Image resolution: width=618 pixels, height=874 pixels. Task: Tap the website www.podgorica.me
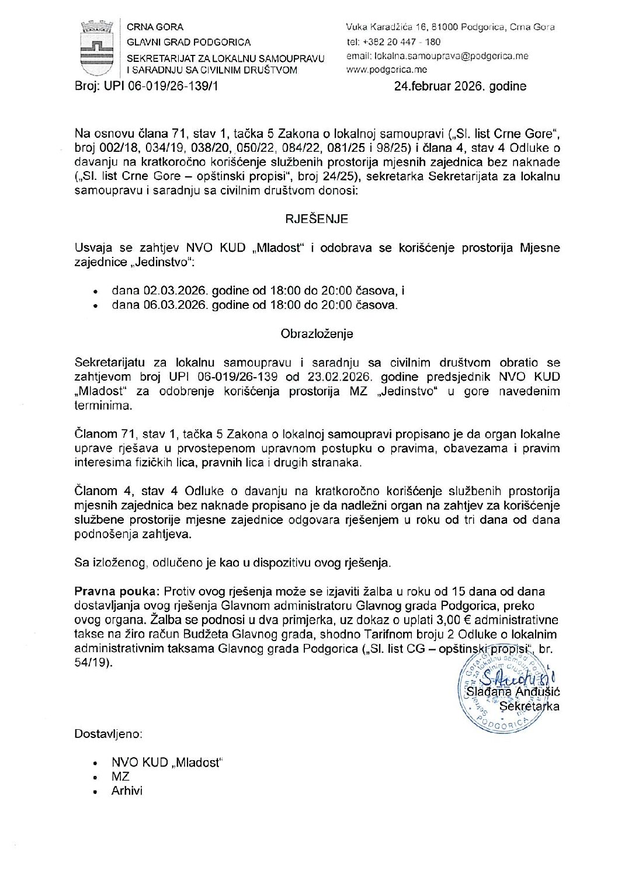[386, 70]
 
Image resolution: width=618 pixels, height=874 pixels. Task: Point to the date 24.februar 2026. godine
[460, 86]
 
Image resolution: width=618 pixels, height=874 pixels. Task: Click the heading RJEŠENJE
[317, 219]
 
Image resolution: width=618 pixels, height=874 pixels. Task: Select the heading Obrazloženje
[317, 334]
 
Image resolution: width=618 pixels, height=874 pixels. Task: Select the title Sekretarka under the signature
[530, 706]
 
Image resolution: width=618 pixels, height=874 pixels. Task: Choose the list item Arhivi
[127, 791]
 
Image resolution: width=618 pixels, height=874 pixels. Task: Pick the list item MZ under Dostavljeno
[120, 776]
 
